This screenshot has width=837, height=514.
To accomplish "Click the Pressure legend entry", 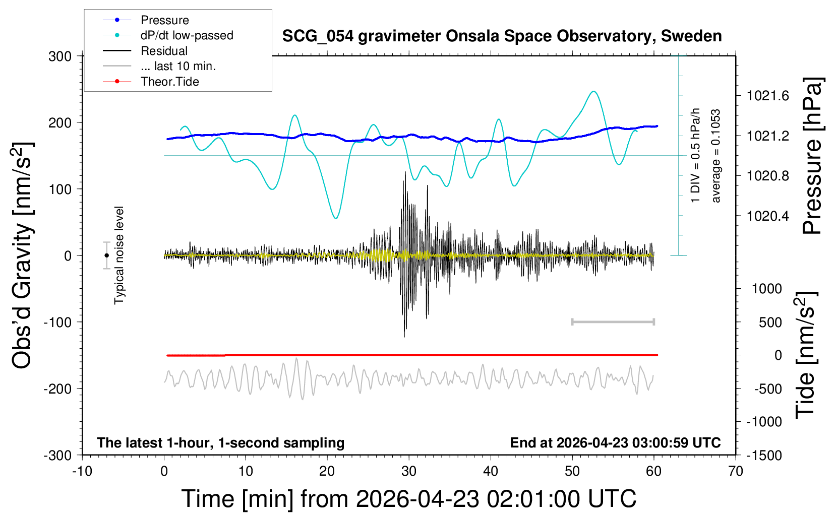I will point(164,20).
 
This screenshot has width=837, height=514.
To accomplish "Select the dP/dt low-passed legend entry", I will point(187,35).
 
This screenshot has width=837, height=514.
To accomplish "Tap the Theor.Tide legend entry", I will point(169,82).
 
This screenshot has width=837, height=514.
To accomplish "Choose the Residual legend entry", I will point(164,51).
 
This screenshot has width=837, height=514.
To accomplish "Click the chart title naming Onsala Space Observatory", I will point(502,36).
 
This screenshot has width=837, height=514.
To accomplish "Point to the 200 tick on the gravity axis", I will point(60,123).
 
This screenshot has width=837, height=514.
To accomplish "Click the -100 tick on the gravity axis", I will point(57,322).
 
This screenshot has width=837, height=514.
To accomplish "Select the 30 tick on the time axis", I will point(409,472).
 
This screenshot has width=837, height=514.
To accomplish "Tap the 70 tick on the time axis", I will point(736,472).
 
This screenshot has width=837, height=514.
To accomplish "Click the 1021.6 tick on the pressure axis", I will point(768,96).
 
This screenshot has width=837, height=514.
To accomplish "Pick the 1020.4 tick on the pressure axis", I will point(768,216).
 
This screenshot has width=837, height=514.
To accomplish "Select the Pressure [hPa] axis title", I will point(813,156).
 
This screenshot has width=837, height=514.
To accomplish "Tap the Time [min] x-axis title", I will point(409,499).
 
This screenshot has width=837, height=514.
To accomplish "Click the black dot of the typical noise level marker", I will point(106,255).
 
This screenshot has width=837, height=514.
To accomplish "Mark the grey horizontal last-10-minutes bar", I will point(613,322).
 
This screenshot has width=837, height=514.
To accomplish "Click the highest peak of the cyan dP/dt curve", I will point(594,92).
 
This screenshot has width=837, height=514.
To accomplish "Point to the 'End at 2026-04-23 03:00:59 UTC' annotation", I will point(615,443).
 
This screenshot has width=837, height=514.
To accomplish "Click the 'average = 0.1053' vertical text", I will point(716,156).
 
